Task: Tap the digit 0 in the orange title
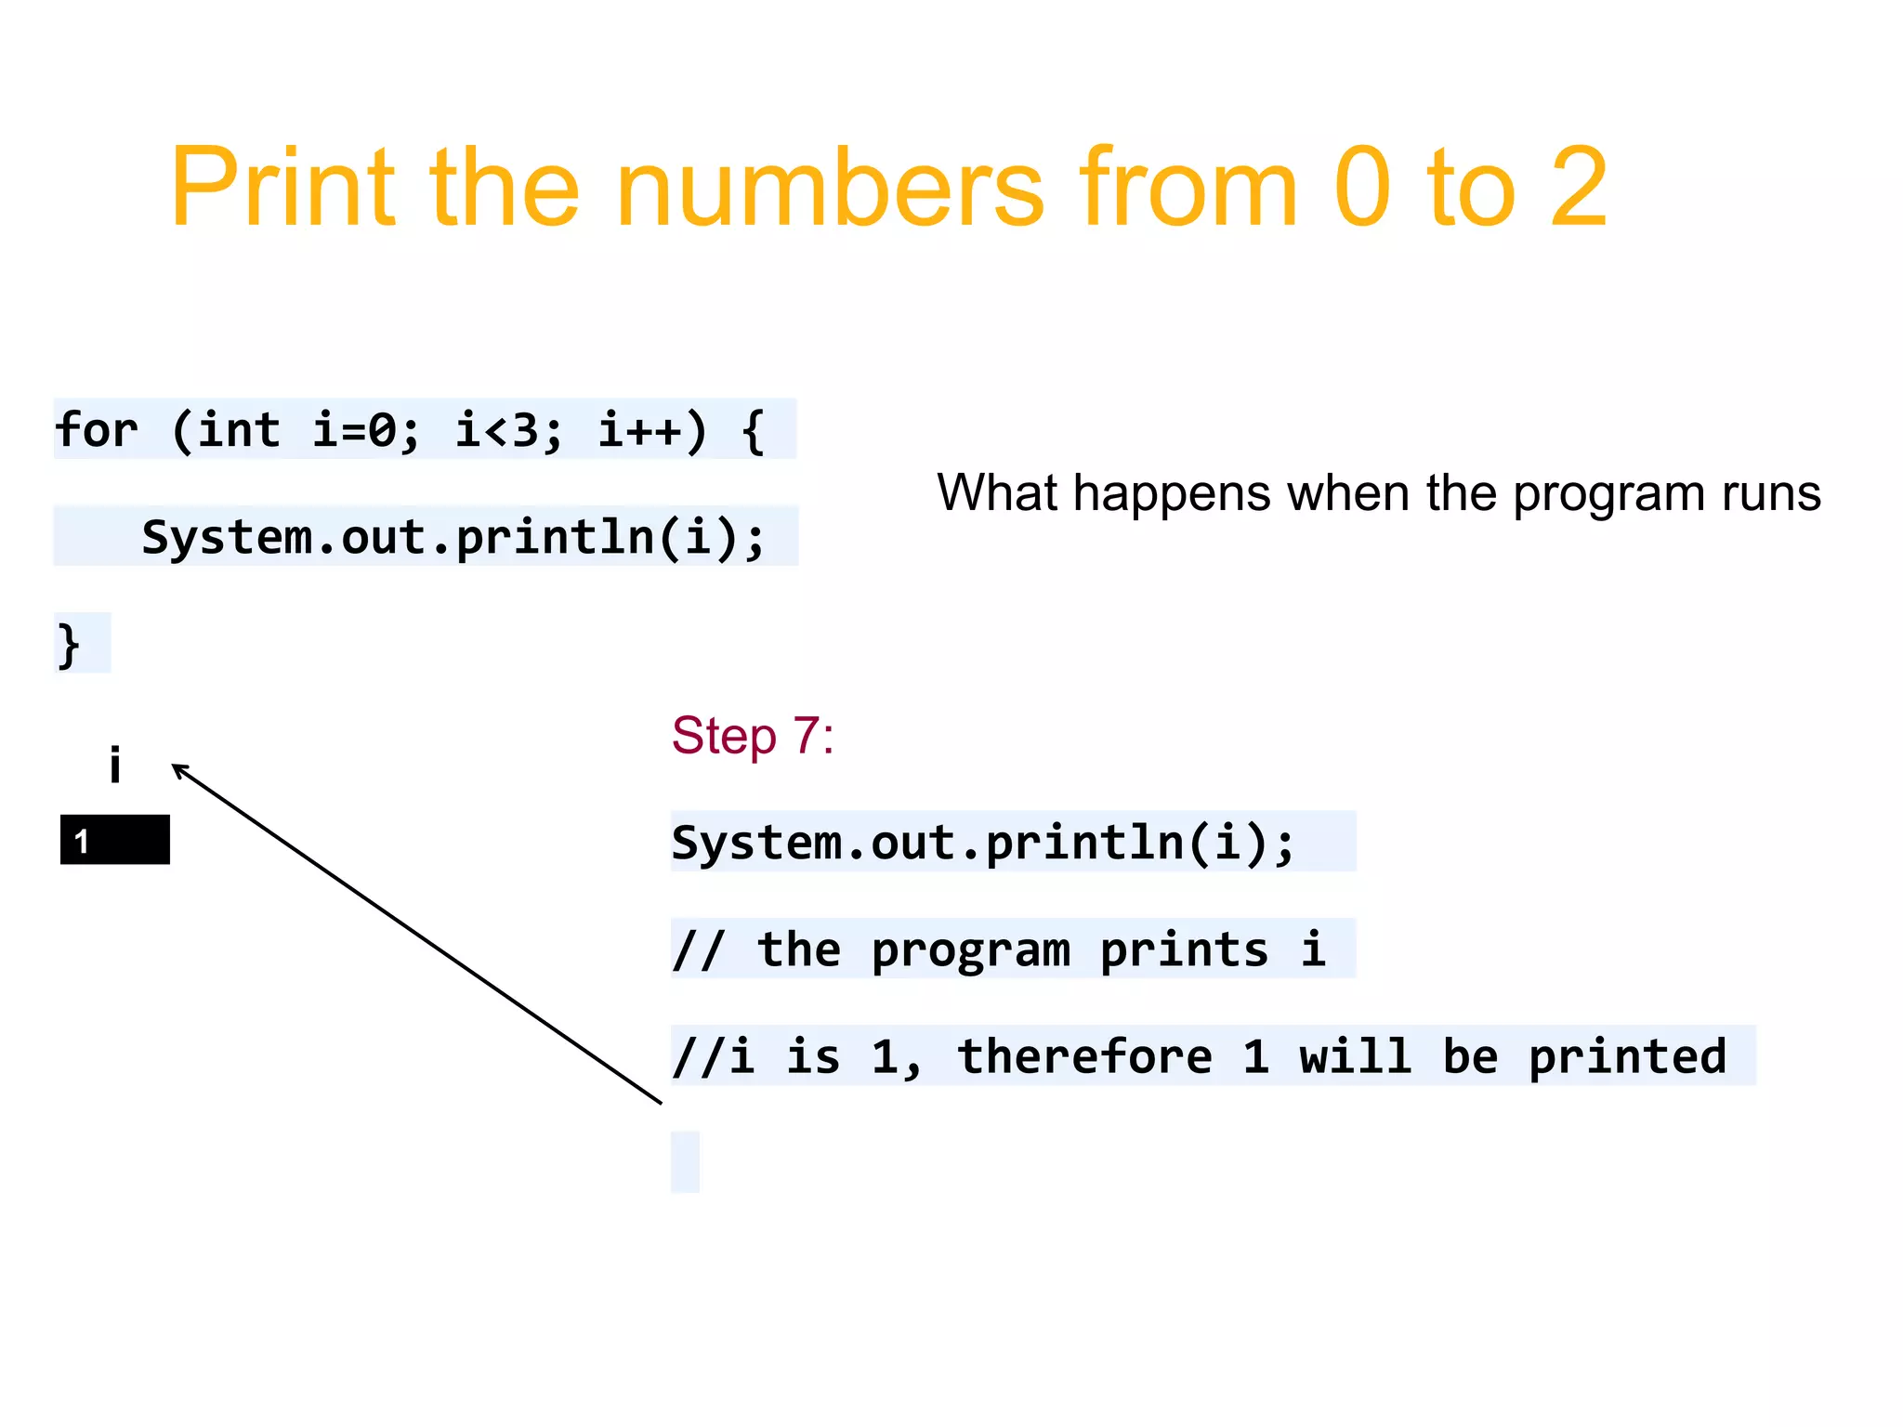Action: pos(1361,188)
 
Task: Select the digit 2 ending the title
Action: pos(1578,188)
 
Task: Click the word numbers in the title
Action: pos(829,188)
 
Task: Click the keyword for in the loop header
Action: pos(97,430)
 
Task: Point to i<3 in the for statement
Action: pos(508,430)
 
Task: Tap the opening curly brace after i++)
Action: pos(754,430)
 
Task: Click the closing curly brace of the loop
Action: pos(69,645)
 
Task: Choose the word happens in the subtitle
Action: pos(1171,493)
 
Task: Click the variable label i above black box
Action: pos(115,765)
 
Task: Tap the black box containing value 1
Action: pos(115,840)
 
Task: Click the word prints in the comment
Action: pos(1184,949)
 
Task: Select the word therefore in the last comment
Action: pos(1084,1056)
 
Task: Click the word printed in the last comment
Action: pos(1627,1056)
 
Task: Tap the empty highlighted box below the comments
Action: pos(685,1161)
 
